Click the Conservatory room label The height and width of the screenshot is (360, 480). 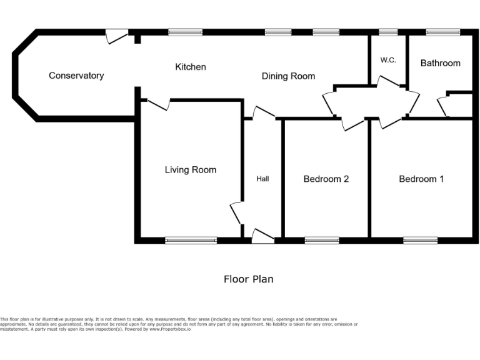pos(76,76)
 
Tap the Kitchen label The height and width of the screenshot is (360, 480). pos(191,67)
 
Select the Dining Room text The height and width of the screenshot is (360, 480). pos(288,76)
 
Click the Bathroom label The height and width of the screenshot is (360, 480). pos(440,63)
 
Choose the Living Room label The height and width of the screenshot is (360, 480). pos(191,170)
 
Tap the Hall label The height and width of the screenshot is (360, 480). pos(262,179)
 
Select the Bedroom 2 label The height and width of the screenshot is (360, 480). pos(326,179)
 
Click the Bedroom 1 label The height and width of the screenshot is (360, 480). pos(421,179)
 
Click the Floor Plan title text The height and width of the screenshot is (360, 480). pos(248,279)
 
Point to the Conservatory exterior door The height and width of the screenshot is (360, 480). pos(116,36)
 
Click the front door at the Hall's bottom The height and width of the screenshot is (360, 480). pos(262,236)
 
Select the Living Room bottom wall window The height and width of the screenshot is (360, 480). pos(191,240)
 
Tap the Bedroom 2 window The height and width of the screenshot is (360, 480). pos(322,240)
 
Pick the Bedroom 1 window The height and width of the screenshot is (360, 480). pos(420,240)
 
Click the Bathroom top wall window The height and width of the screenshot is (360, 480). pos(443,32)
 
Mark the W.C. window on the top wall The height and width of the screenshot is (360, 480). pos(388,32)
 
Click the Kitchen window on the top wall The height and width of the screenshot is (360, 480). pos(185,32)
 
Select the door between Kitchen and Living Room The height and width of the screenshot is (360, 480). pos(158,104)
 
